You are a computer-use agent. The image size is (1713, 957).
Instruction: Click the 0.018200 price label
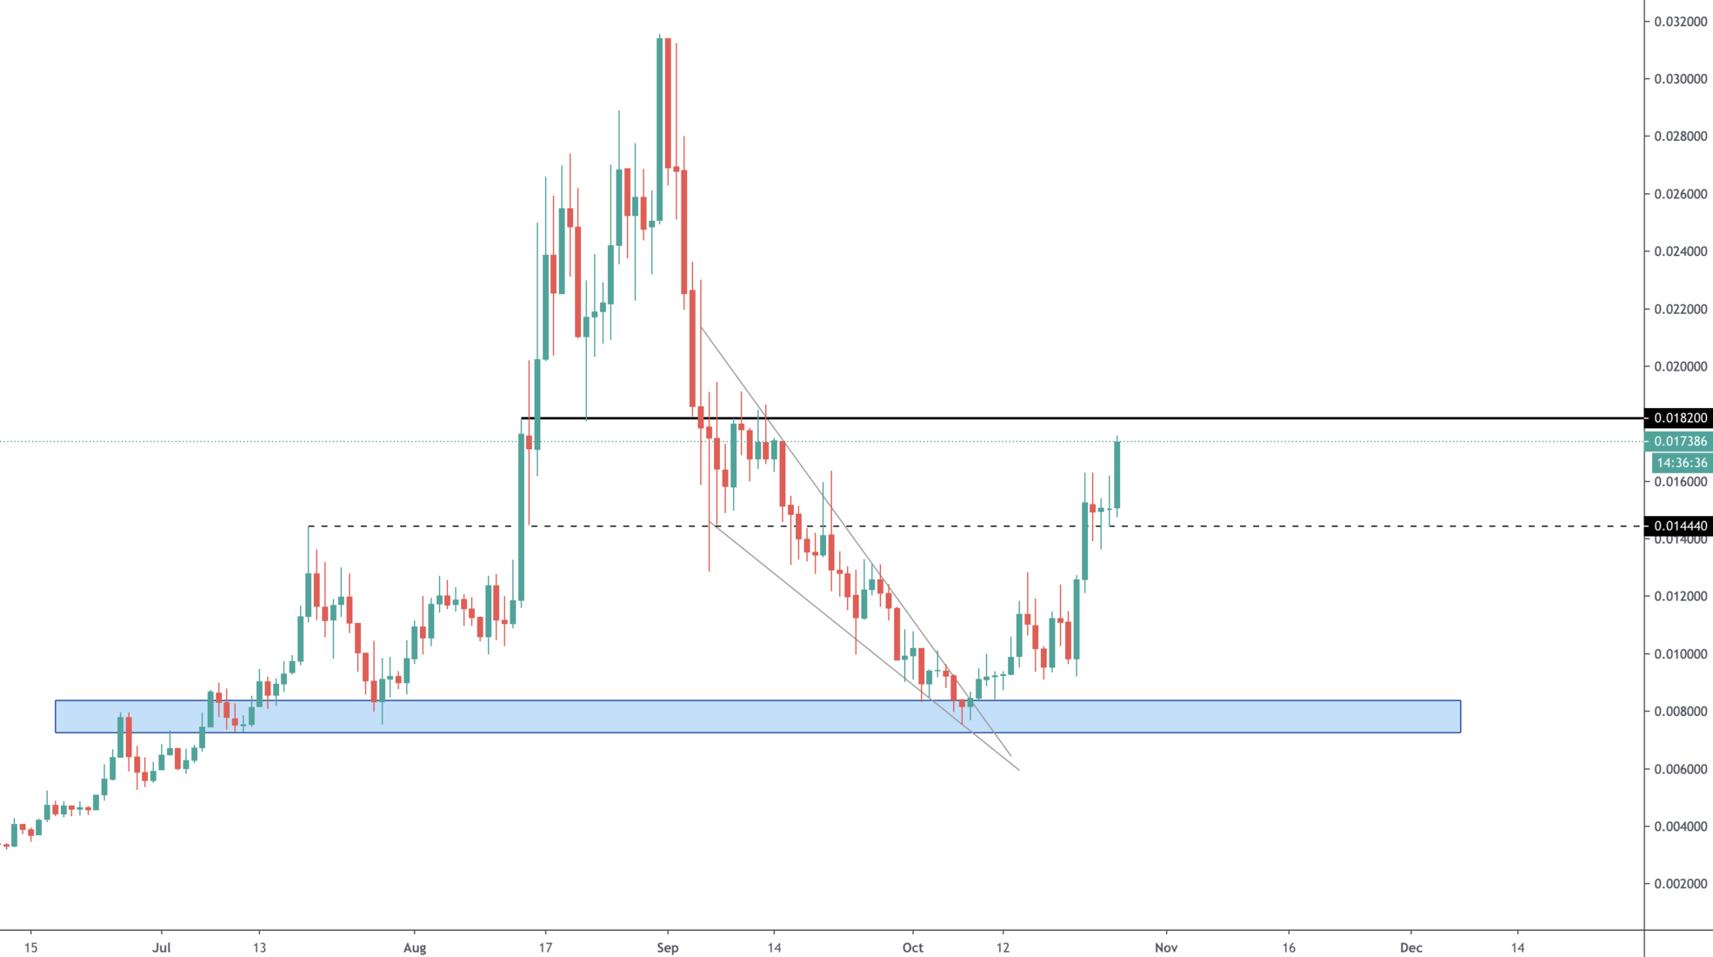tap(1680, 418)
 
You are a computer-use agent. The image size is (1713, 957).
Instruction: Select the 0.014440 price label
tap(1680, 525)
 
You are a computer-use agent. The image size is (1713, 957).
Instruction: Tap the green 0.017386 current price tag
tap(1680, 442)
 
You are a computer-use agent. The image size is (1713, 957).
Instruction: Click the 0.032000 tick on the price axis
tap(1680, 22)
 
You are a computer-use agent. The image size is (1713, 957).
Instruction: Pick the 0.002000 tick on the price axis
tap(1680, 884)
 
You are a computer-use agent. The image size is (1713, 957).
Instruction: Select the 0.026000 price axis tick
tap(1680, 194)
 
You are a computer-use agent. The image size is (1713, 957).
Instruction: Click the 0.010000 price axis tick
tap(1680, 654)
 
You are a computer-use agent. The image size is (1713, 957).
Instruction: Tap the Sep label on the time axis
tap(668, 947)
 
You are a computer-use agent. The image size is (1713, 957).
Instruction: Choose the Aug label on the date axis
tap(415, 947)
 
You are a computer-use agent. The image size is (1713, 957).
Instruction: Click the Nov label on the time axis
tap(1166, 947)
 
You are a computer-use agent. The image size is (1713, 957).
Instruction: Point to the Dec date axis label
tap(1410, 947)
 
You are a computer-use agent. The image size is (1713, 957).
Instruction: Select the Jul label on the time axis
tap(162, 947)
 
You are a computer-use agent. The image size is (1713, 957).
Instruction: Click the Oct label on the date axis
tap(913, 947)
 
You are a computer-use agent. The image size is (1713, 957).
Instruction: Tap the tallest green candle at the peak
tap(660, 130)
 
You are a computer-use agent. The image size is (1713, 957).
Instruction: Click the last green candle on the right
tap(1116, 474)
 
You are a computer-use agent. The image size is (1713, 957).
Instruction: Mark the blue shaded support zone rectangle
tap(757, 717)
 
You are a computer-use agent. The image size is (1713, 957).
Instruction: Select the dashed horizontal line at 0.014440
tap(1304, 526)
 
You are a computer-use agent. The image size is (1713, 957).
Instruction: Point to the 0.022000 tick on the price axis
tap(1680, 309)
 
